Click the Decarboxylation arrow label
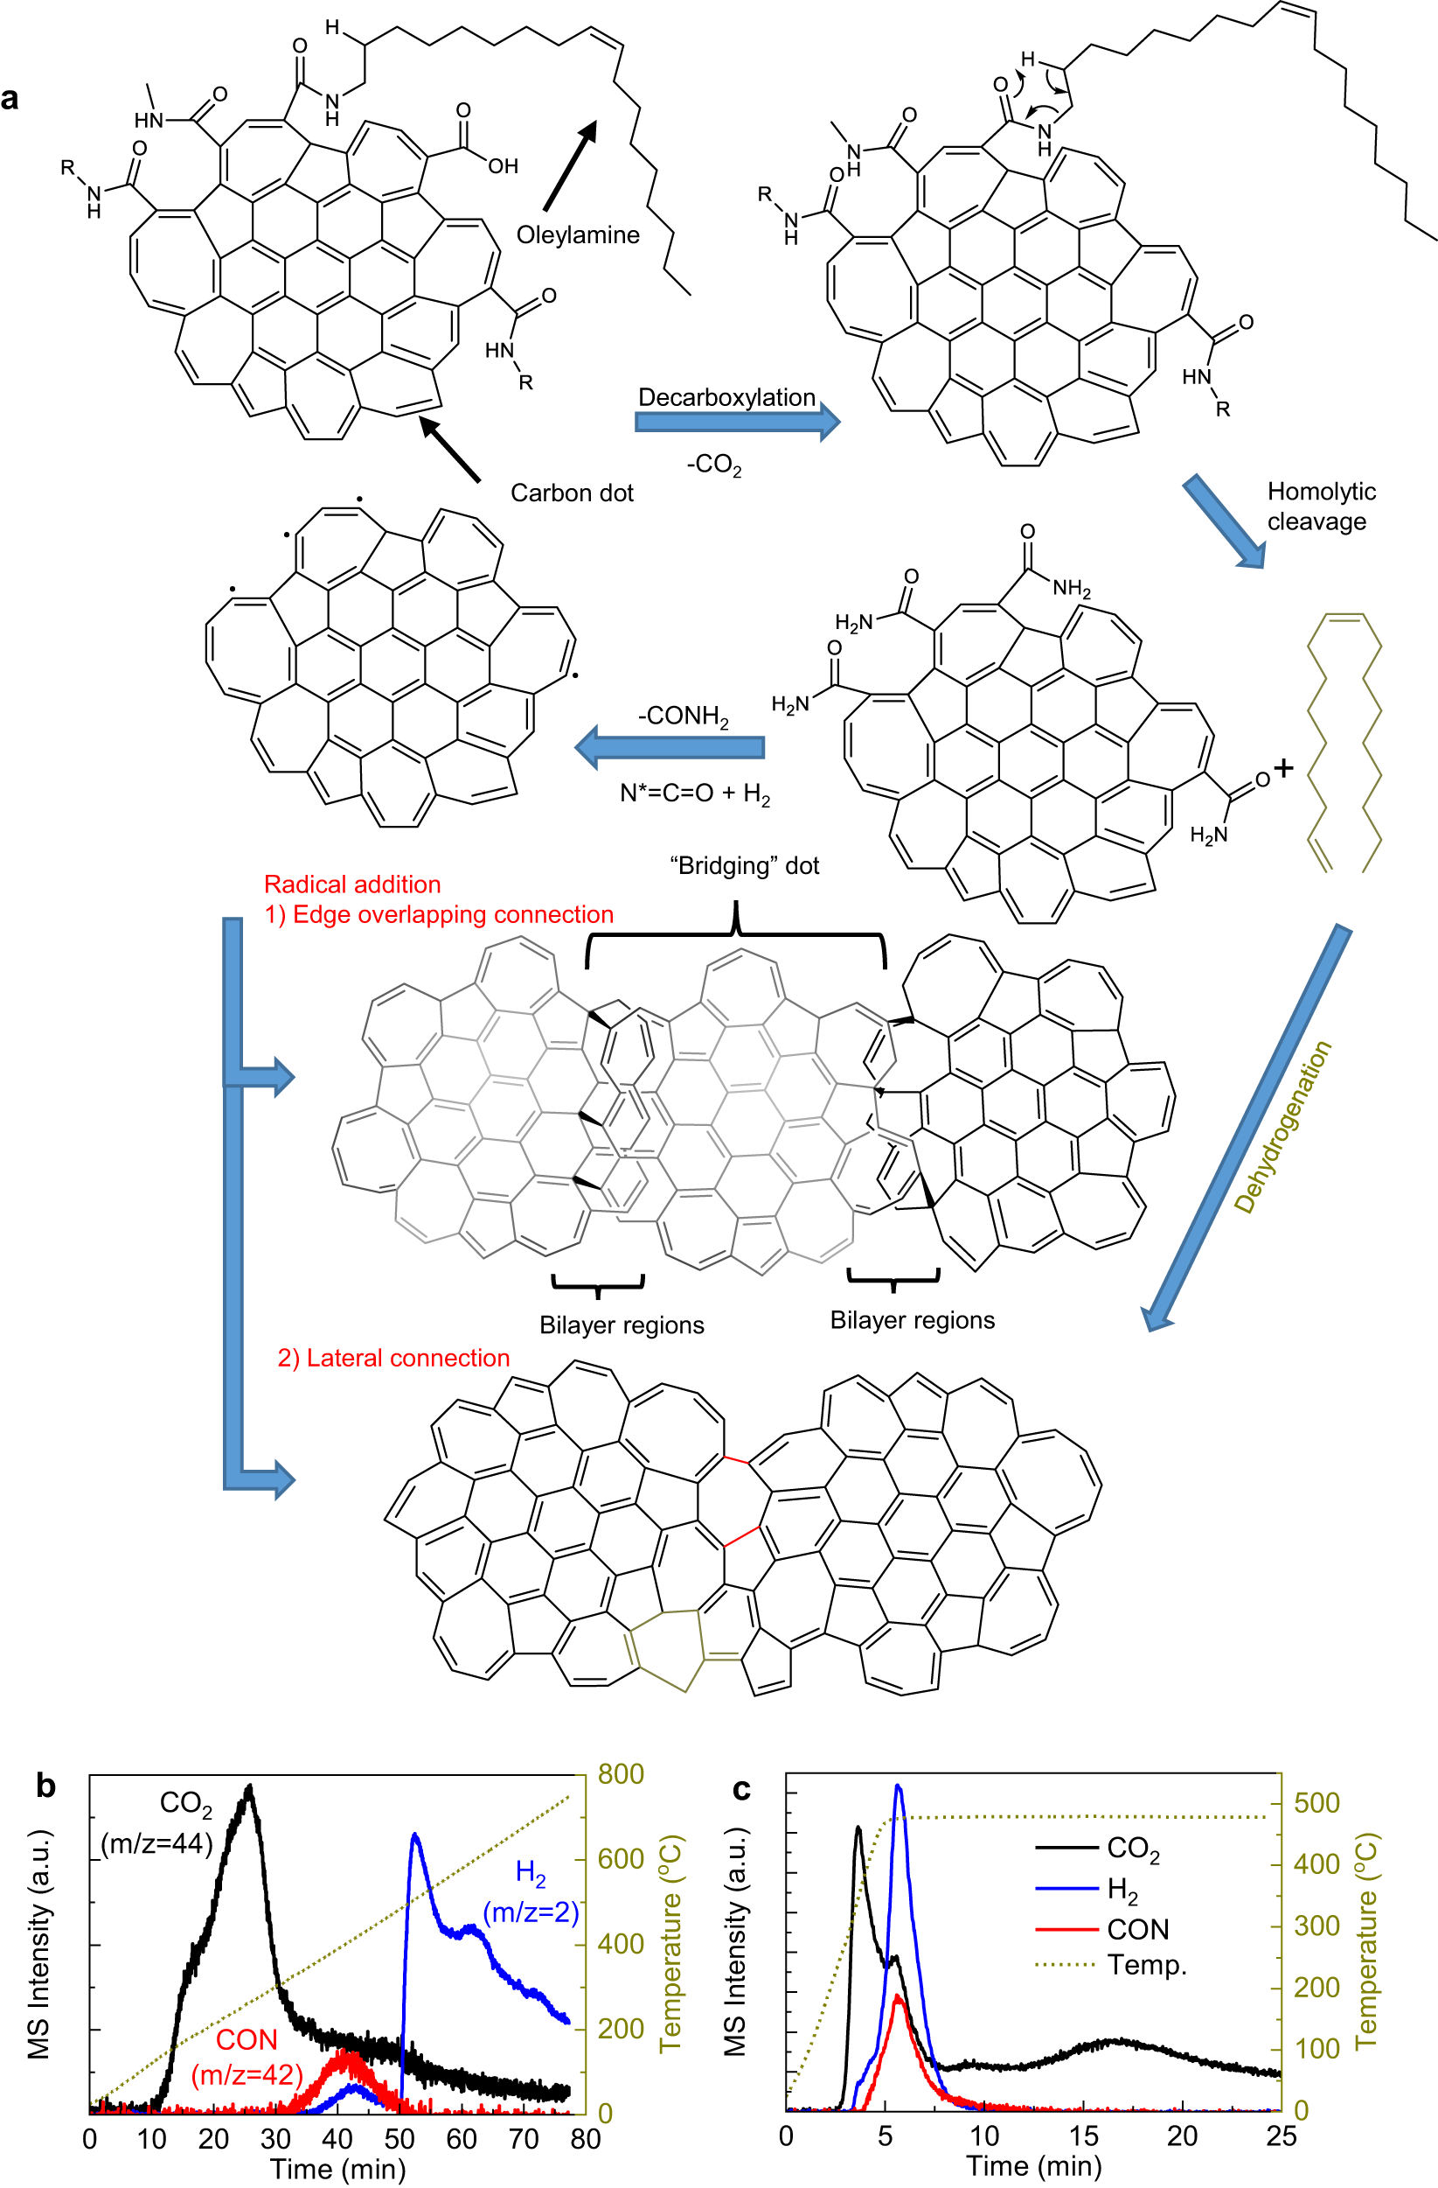[726, 397]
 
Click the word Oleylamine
[577, 235]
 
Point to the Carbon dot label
[572, 493]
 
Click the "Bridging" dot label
[744, 866]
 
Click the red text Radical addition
[352, 884]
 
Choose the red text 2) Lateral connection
[393, 1358]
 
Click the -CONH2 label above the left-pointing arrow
[683, 717]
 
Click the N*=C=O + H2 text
[695, 793]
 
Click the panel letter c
[740, 1789]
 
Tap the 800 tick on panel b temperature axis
[621, 1773]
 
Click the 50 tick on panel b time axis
[399, 2139]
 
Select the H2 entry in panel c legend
[1122, 1889]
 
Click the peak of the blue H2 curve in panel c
[898, 1786]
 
